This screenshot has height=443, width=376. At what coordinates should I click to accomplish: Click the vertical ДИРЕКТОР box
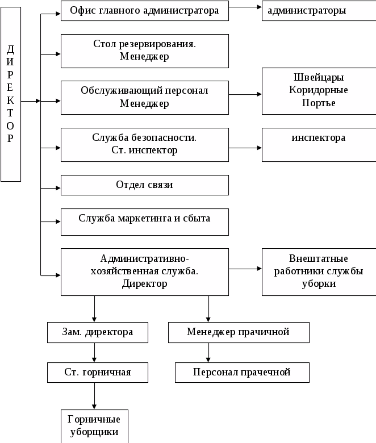(11, 94)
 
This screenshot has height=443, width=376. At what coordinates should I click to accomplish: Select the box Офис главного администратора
(145, 11)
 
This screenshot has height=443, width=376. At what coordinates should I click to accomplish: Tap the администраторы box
(319, 11)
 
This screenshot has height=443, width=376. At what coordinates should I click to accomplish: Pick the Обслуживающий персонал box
(145, 98)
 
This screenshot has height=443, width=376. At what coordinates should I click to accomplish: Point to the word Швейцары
(319, 77)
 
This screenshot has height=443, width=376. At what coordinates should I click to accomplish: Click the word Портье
(319, 103)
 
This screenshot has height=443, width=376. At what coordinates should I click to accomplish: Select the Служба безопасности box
(145, 145)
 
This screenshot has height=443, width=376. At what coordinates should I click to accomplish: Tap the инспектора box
(319, 145)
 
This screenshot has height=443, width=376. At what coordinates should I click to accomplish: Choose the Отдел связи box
(145, 185)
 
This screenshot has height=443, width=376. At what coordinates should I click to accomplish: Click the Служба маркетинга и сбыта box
(145, 222)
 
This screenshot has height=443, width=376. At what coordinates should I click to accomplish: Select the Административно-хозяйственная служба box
(145, 272)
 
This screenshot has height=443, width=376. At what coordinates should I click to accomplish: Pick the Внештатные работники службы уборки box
(319, 272)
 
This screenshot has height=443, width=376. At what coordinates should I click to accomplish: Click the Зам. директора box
(98, 332)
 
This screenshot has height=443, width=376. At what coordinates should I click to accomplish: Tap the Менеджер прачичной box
(239, 332)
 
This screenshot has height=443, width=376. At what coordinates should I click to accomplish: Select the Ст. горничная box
(98, 373)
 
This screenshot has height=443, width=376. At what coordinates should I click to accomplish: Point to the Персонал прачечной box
(242, 373)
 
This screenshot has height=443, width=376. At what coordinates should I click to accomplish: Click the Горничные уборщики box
(94, 427)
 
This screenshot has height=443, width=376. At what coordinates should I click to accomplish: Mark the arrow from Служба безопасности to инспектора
(245, 148)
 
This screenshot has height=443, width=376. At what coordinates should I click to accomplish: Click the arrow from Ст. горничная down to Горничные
(94, 396)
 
